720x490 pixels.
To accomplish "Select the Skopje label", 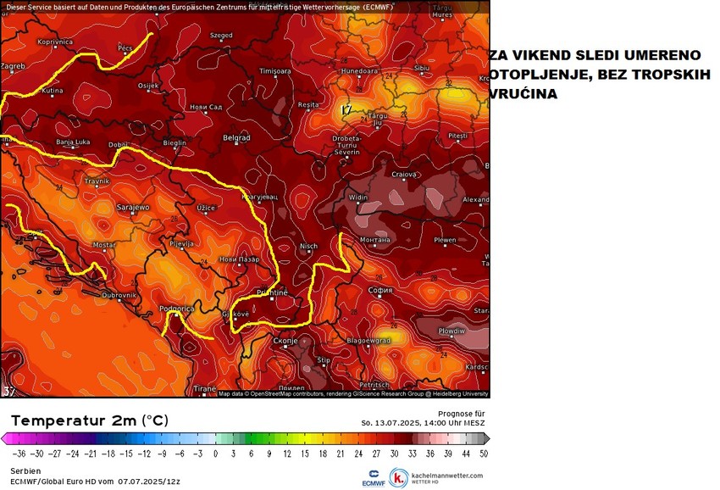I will point(286,340).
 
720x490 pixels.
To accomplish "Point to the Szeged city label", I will point(221,36).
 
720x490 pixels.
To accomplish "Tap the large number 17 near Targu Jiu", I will point(346,110).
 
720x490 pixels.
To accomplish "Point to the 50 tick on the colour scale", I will point(483,454).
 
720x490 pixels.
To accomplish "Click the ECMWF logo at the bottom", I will point(374,477).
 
